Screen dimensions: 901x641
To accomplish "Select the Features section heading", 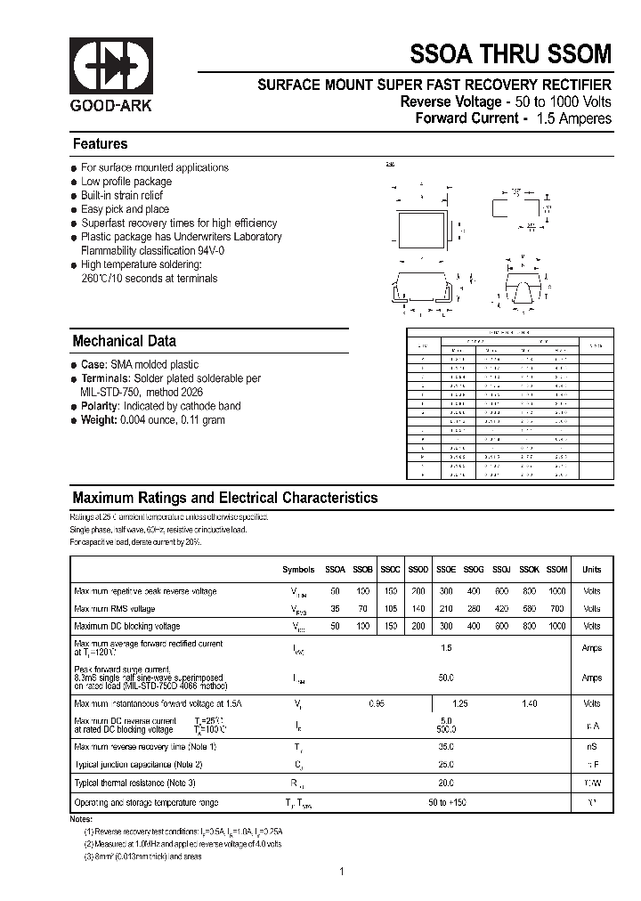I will pyautogui.click(x=100, y=144).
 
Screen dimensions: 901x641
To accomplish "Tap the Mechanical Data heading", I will pyautogui.click(x=124, y=341).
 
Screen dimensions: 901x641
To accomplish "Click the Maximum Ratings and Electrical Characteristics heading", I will pyautogui.click(x=224, y=499).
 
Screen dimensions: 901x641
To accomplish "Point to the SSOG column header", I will pyautogui.click(x=474, y=570).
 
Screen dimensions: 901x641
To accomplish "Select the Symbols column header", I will pyautogui.click(x=298, y=570).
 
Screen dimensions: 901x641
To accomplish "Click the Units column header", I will pyautogui.click(x=591, y=570).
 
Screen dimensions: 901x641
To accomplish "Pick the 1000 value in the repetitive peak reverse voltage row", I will pyautogui.click(x=556, y=591).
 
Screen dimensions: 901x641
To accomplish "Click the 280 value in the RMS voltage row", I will pyautogui.click(x=474, y=609).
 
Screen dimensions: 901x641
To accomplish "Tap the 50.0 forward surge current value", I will pyautogui.click(x=446, y=678).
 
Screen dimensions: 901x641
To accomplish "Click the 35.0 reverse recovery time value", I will pyautogui.click(x=446, y=746).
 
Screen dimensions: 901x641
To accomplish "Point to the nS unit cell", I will pyautogui.click(x=591, y=746).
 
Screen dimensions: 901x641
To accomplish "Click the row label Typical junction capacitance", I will pyautogui.click(x=138, y=764).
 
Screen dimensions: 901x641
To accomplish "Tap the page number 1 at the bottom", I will pyautogui.click(x=341, y=872).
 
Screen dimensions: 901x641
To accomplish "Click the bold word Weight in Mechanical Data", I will pyautogui.click(x=98, y=420).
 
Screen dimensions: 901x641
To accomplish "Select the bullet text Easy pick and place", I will pyautogui.click(x=125, y=209).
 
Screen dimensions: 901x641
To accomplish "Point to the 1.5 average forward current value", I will pyautogui.click(x=446, y=648).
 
